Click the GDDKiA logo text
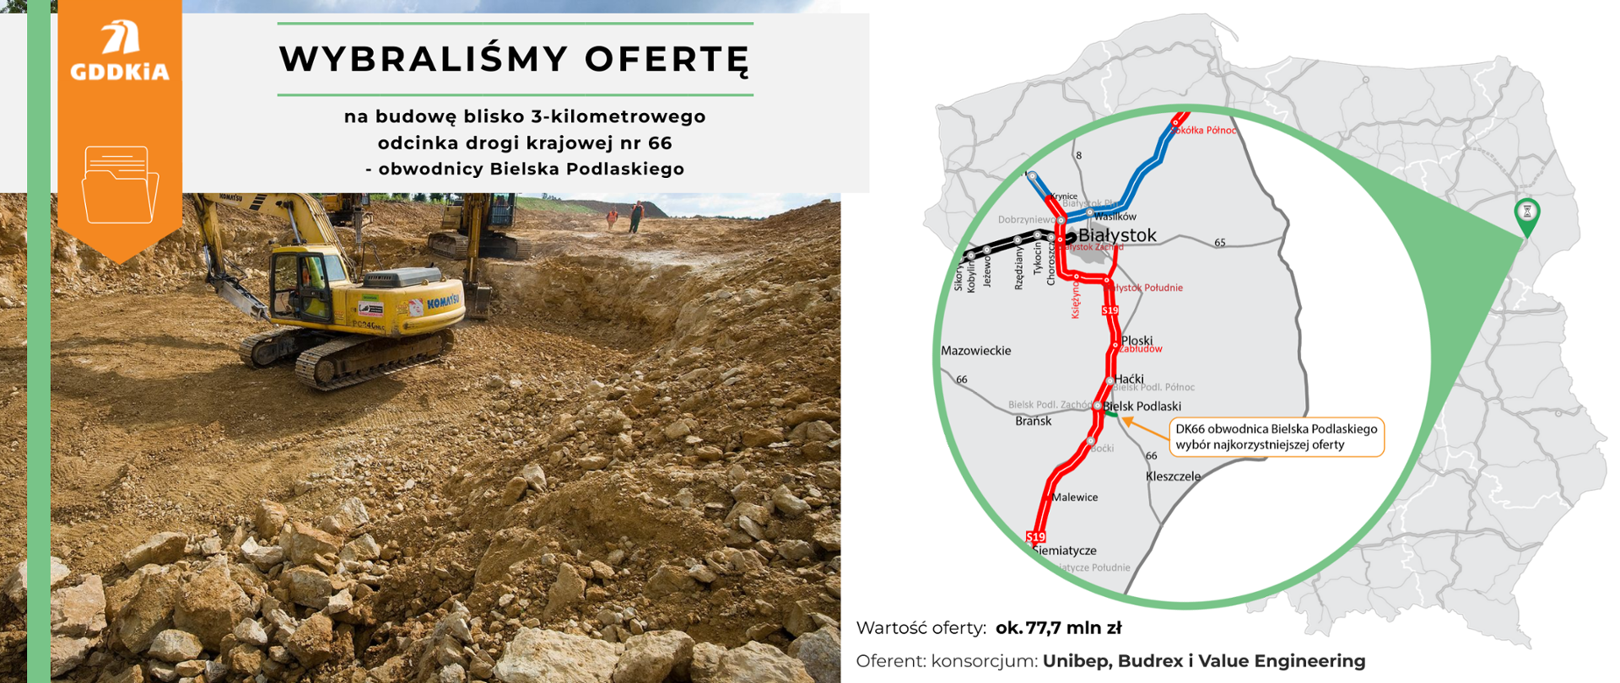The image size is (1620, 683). pos(120,72)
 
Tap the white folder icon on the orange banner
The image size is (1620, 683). pos(120,185)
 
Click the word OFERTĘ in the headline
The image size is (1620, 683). pos(666,60)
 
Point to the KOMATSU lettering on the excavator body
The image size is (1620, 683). pos(442,301)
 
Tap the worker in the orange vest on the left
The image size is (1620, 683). pos(611,218)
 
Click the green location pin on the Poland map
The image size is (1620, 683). pos(1526,215)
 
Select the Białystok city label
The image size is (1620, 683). pos(1117,235)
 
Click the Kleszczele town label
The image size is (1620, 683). pos(1173,476)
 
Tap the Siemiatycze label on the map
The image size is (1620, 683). pos(1065,551)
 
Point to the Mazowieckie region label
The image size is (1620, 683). pos(975,351)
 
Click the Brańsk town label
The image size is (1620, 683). pos(1034,421)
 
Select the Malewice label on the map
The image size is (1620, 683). pos(1075,497)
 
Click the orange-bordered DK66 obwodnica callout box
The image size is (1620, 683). pos(1276,437)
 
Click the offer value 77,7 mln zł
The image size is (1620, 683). pos(1059,628)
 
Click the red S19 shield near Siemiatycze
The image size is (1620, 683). pos(1035,537)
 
